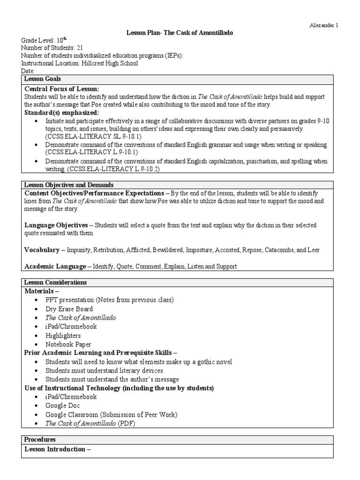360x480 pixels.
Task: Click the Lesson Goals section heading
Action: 43,79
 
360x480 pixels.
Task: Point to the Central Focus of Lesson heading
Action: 61,89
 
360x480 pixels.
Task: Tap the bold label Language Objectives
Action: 56,225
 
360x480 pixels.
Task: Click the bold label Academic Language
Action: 55,266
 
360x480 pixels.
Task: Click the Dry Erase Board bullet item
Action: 69,309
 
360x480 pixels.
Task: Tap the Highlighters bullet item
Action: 63,336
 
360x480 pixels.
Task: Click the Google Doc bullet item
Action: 62,405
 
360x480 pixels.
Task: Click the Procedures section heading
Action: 40,440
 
